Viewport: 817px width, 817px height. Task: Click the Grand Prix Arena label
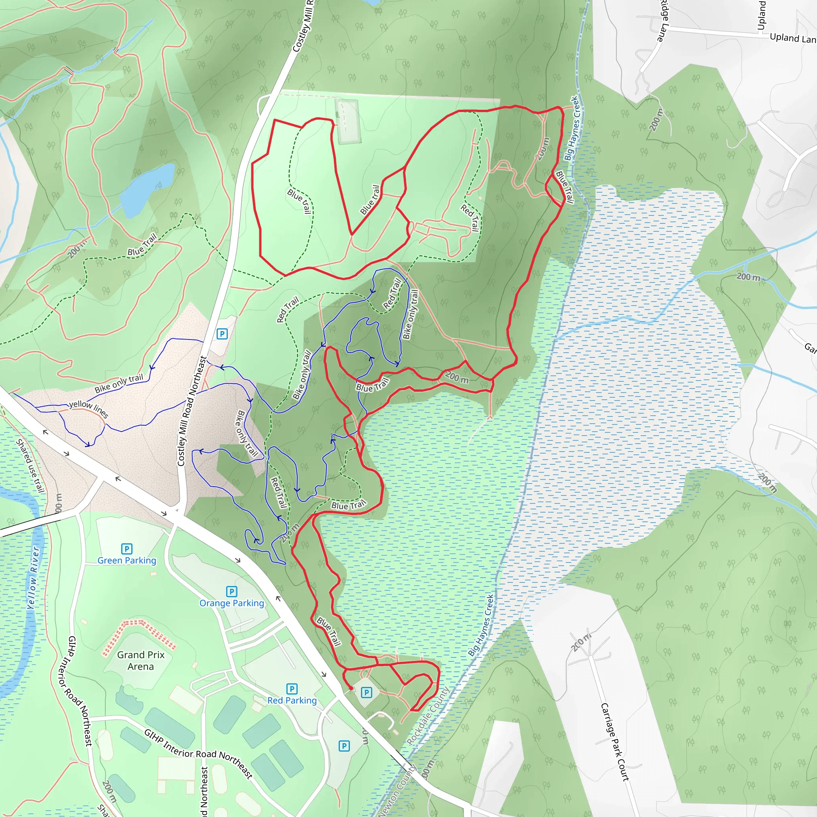(141, 661)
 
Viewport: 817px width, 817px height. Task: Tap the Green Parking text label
(127, 560)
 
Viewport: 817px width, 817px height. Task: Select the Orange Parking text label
(232, 603)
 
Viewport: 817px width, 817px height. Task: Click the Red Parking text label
(292, 700)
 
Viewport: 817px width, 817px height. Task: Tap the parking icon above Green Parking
(126, 549)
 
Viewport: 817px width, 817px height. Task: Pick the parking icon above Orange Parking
(231, 591)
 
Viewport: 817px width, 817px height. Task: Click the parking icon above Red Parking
(292, 689)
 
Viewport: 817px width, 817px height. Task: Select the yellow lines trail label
(89, 408)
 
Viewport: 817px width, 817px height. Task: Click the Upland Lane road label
(792, 38)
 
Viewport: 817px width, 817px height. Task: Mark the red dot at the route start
(351, 689)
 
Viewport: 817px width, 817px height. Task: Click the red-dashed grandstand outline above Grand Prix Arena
(139, 633)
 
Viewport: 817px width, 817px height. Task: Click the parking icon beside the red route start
(366, 692)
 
